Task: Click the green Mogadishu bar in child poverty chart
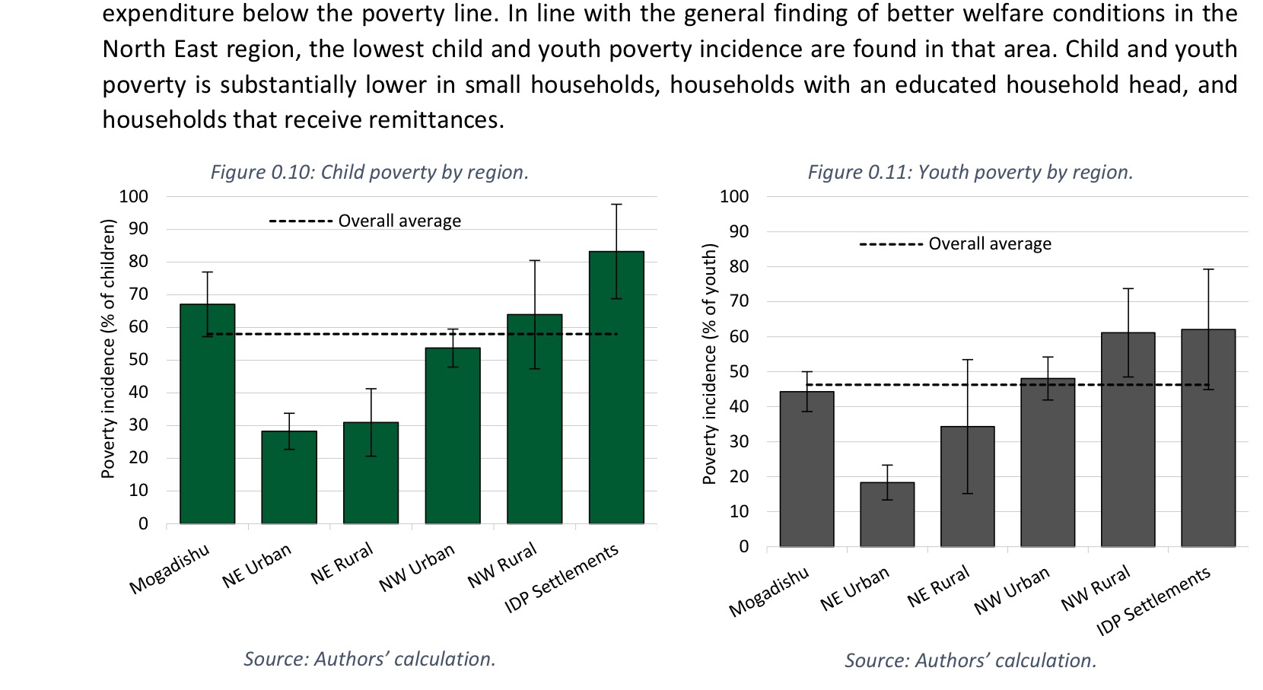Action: pyautogui.click(x=207, y=426)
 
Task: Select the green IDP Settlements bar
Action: pyautogui.click(x=616, y=396)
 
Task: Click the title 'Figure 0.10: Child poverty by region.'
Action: pyautogui.click(x=370, y=172)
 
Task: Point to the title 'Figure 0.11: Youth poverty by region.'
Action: pyautogui.click(x=970, y=172)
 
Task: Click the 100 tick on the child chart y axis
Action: pyautogui.click(x=133, y=196)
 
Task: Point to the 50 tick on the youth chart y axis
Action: pyautogui.click(x=738, y=371)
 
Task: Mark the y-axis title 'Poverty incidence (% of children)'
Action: pyautogui.click(x=109, y=348)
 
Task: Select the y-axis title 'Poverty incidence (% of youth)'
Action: pyautogui.click(x=710, y=364)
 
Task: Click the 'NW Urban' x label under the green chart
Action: pyautogui.click(x=417, y=568)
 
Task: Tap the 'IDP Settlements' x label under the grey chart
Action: pyautogui.click(x=1153, y=602)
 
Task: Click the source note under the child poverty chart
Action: pyautogui.click(x=370, y=659)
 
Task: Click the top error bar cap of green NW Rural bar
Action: pyautogui.click(x=535, y=261)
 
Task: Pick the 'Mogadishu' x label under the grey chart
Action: pyautogui.click(x=769, y=592)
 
